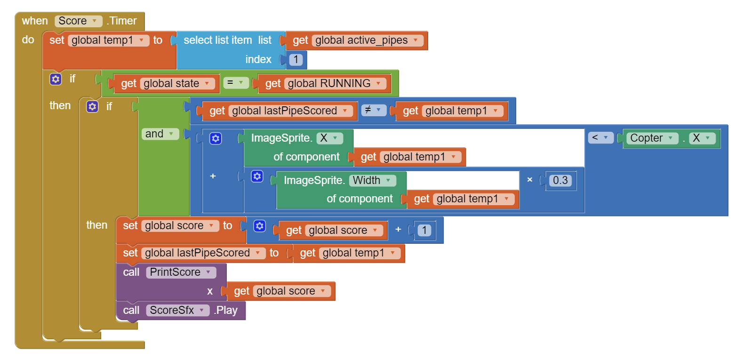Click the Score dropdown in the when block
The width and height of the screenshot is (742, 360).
[78, 21]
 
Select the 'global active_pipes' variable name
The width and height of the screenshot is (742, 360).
[366, 40]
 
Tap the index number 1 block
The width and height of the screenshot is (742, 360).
[295, 60]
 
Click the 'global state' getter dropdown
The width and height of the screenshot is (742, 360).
[177, 84]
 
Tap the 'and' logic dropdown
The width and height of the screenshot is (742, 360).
[160, 134]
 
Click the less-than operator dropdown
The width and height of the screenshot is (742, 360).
[600, 137]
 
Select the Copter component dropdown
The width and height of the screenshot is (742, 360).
[652, 138]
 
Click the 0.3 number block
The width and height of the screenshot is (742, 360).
[560, 181]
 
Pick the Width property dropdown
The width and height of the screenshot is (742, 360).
[372, 181]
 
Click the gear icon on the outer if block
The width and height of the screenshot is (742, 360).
[56, 79]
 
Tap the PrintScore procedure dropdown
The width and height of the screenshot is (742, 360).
[181, 272]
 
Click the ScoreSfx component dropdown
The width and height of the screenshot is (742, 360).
[177, 311]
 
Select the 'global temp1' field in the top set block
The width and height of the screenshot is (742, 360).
[108, 40]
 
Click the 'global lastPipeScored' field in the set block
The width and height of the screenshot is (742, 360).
[202, 253]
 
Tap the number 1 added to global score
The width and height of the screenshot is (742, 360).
[424, 231]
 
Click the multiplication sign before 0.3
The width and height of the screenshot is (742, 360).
[530, 180]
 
